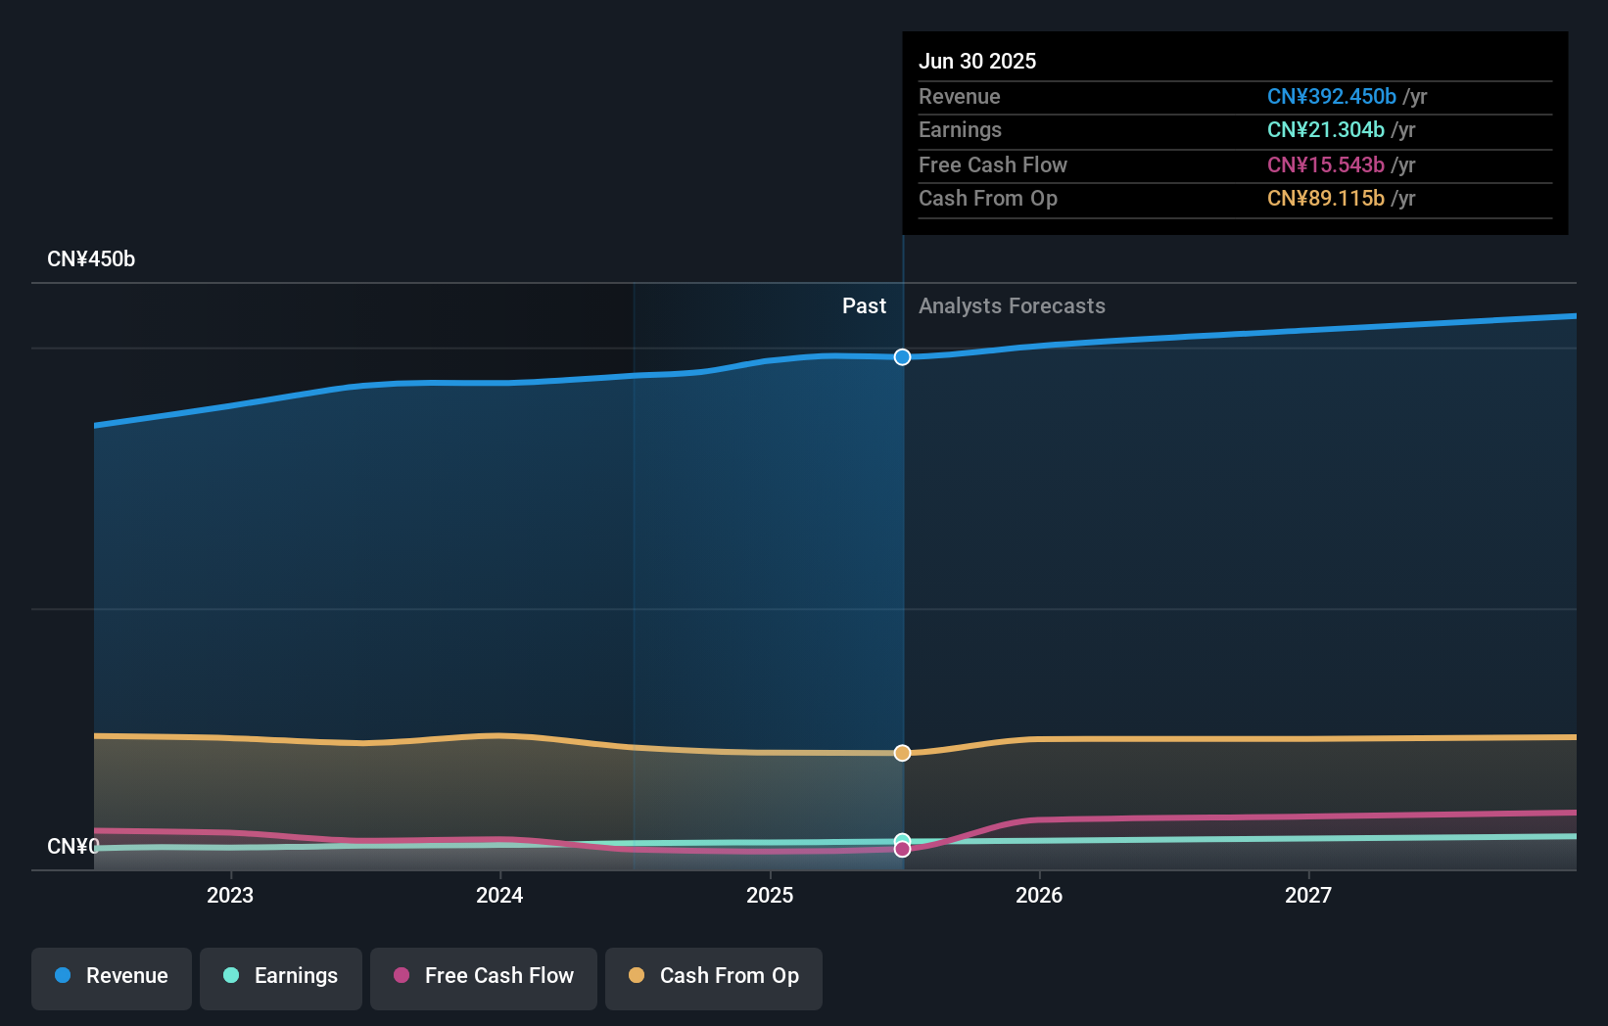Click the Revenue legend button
pyautogui.click(x=112, y=977)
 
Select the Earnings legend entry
pyautogui.click(x=281, y=977)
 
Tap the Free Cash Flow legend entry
pyautogui.click(x=484, y=977)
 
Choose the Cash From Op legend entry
pyautogui.click(x=714, y=977)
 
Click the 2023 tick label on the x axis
pyautogui.click(x=230, y=896)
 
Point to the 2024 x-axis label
pyautogui.click(x=499, y=896)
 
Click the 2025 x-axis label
pyautogui.click(x=770, y=896)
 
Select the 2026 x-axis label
pyautogui.click(x=1039, y=896)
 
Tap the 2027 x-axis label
pyautogui.click(x=1308, y=896)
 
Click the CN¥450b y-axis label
pyautogui.click(x=91, y=259)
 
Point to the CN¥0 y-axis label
pyautogui.click(x=72, y=847)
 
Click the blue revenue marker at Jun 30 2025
pyautogui.click(x=902, y=357)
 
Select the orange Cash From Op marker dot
pyautogui.click(x=902, y=753)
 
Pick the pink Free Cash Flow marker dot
pyautogui.click(x=902, y=850)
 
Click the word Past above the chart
pyautogui.click(x=864, y=306)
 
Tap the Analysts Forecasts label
pyautogui.click(x=1012, y=306)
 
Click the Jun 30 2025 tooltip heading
pyautogui.click(x=976, y=62)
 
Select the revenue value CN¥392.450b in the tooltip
pyautogui.click(x=1331, y=97)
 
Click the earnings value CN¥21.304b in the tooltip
pyautogui.click(x=1325, y=130)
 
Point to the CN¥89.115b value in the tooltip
pyautogui.click(x=1325, y=199)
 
